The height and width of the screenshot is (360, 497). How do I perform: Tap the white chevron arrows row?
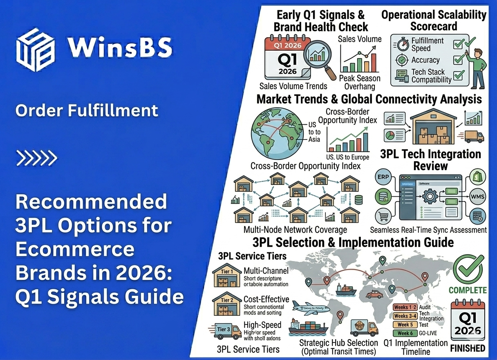(36, 158)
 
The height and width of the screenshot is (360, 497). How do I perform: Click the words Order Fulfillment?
(86, 110)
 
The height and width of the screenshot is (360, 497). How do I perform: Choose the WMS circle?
(477, 197)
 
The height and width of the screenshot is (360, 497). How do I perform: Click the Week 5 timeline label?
(405, 324)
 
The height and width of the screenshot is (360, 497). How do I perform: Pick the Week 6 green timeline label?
(405, 333)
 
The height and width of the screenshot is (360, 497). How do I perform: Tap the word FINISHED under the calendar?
(468, 349)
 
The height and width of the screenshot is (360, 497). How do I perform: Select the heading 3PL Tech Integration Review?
(430, 160)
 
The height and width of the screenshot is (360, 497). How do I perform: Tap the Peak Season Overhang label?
(360, 82)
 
